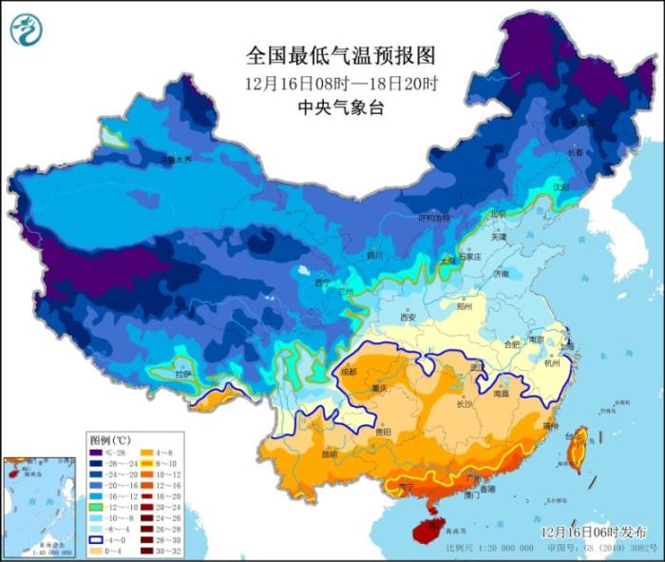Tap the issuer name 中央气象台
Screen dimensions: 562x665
pyautogui.click(x=339, y=107)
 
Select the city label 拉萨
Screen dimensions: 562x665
pyautogui.click(x=182, y=376)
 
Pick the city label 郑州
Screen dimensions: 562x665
pyautogui.click(x=465, y=308)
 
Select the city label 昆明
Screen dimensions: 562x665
pyautogui.click(x=329, y=454)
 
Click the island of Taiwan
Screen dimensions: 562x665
pyautogui.click(x=577, y=448)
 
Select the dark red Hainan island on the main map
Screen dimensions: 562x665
pyautogui.click(x=427, y=526)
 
